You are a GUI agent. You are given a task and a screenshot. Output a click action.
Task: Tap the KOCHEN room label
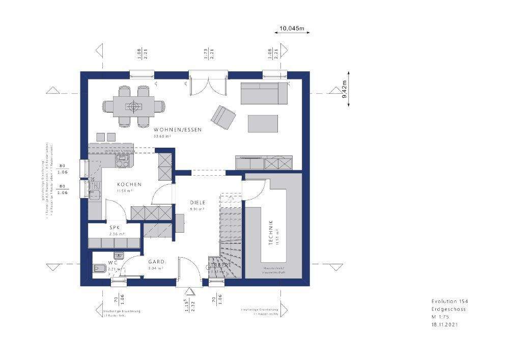(129, 184)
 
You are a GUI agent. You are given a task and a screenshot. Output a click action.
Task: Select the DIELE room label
(197, 202)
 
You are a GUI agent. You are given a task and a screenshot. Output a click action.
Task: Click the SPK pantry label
(114, 228)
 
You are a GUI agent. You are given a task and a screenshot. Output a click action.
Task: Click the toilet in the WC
(99, 269)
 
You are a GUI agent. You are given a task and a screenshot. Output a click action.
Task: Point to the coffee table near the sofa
(263, 123)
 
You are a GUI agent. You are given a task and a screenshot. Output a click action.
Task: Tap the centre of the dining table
(134, 106)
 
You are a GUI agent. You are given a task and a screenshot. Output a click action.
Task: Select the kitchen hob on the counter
(123, 161)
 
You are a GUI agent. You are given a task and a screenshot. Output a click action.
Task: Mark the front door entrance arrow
(190, 291)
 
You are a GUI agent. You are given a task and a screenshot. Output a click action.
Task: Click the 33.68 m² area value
(162, 136)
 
